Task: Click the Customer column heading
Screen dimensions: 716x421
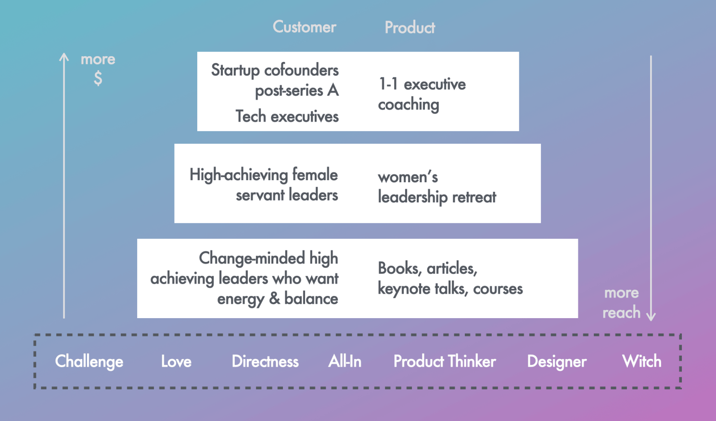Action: (304, 27)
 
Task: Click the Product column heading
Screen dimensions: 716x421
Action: (409, 28)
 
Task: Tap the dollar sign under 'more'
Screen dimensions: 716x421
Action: (98, 78)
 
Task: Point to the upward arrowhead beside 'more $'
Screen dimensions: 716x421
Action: (64, 57)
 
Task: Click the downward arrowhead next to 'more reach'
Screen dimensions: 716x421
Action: (651, 316)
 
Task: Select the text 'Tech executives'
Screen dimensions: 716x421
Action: (287, 116)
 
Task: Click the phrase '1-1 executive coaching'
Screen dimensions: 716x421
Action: (422, 94)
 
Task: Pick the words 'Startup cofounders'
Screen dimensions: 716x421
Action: (275, 70)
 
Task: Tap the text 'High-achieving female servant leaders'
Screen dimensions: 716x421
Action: (264, 185)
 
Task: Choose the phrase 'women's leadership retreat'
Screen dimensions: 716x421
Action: (436, 187)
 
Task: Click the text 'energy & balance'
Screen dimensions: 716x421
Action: (277, 299)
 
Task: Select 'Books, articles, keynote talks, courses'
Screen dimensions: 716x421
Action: (450, 278)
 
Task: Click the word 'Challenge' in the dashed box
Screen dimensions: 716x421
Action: (89, 361)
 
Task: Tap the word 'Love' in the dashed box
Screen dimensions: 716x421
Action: (176, 361)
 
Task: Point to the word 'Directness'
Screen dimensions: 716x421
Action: (265, 361)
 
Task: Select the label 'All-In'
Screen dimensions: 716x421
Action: (345, 361)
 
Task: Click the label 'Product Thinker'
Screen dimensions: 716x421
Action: (445, 361)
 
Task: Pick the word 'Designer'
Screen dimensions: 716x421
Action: (557, 361)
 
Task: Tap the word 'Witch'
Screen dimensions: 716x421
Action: (641, 361)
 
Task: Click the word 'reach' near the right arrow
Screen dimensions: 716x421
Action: (621, 312)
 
